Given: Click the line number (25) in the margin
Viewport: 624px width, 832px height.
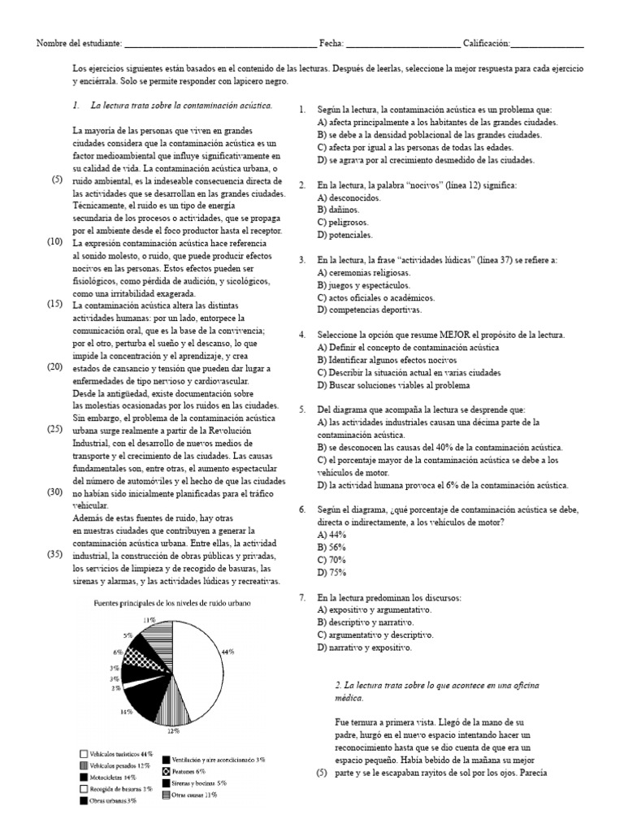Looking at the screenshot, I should point(55,428).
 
